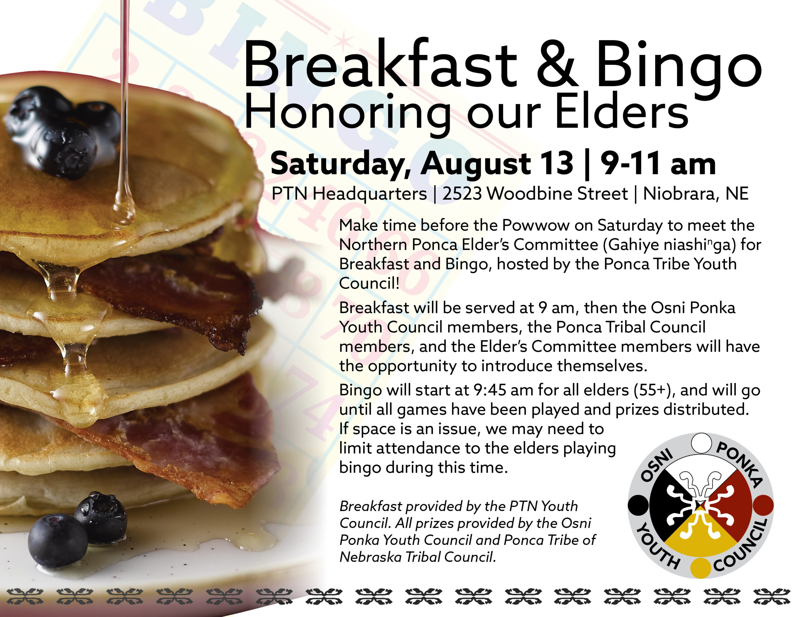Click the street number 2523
pyautogui.click(x=462, y=193)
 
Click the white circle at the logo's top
pyautogui.click(x=701, y=443)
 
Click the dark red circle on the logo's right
pyautogui.click(x=763, y=505)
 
